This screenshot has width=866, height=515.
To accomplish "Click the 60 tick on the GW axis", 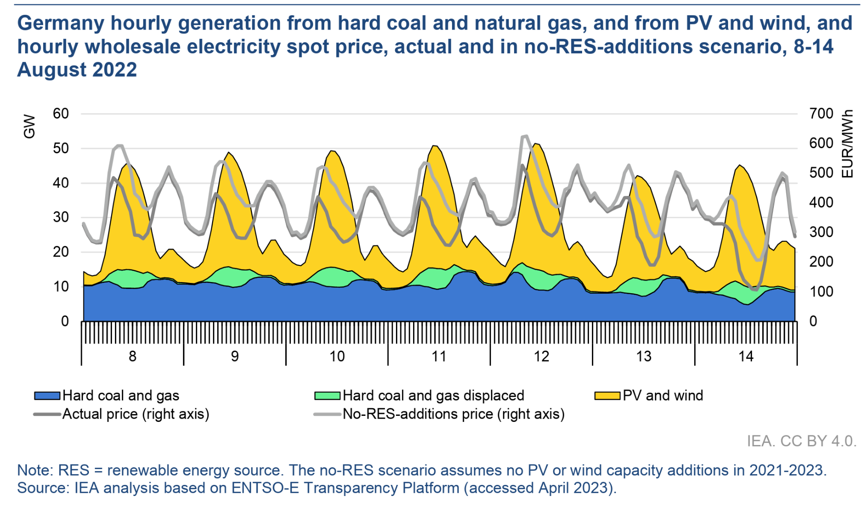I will (61, 113).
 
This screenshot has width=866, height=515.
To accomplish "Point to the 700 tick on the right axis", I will (821, 113).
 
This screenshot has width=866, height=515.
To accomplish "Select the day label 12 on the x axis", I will (541, 356).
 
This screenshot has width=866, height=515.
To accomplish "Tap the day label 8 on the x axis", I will (132, 356).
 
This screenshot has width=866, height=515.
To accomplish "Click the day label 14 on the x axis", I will (746, 356).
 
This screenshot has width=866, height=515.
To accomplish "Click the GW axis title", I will (29, 126).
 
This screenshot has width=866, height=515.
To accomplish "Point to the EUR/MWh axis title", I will (847, 144).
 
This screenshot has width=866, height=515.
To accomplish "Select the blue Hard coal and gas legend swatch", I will (47, 396).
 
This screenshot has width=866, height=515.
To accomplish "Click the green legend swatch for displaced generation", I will (327, 396).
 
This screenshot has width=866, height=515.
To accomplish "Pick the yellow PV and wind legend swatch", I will (607, 396).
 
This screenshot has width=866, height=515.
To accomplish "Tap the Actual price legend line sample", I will (47, 414).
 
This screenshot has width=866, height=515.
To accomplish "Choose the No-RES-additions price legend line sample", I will (327, 414).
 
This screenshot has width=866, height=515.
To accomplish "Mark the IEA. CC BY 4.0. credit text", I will (801, 441).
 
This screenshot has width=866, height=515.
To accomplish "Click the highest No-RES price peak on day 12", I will (525, 136).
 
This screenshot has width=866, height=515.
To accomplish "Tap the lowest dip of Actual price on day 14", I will (754, 289).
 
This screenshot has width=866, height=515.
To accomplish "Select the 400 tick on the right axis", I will (821, 202).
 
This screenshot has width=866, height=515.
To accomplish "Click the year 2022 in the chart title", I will (114, 70).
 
